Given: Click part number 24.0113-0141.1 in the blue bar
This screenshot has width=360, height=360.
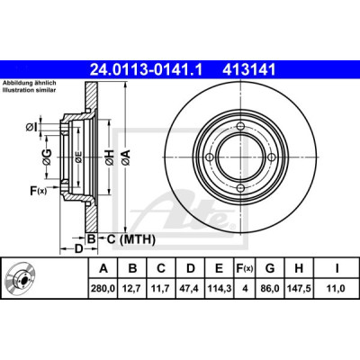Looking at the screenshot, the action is (146, 70).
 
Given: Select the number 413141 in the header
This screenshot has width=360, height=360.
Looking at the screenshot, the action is (248, 70).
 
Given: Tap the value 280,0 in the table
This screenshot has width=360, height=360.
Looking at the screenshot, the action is (103, 289).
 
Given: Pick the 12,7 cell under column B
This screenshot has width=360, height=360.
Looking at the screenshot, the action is (132, 289).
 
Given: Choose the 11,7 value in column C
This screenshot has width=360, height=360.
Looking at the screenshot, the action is (161, 289).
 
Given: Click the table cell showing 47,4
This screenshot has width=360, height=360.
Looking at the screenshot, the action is (190, 289).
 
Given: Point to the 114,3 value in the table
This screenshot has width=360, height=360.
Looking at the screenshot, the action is (219, 289).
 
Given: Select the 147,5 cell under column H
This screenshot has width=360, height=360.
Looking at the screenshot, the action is (299, 289).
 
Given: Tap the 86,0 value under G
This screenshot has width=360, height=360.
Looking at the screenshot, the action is (270, 289).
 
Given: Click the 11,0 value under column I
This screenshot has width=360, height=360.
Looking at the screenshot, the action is (337, 289).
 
